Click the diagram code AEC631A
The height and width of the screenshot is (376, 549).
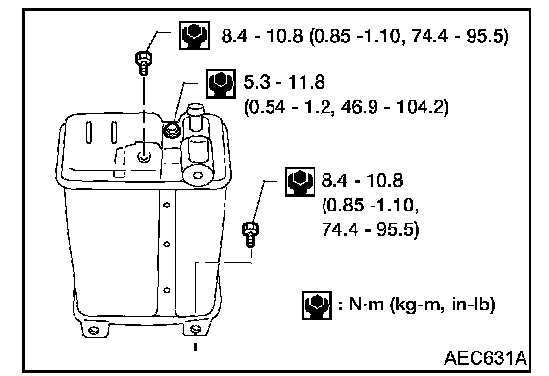click(485, 358)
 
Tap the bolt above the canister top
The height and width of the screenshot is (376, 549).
click(143, 63)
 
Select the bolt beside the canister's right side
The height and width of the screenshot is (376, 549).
click(250, 234)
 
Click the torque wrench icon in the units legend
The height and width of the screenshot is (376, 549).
click(317, 305)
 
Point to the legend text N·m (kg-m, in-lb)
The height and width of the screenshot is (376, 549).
click(417, 305)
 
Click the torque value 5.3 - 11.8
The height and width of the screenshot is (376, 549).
click(284, 82)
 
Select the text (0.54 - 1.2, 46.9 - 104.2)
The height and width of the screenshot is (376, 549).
click(346, 107)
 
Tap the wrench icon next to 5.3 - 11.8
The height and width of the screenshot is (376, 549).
click(221, 83)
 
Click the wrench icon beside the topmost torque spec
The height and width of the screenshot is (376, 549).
click(195, 35)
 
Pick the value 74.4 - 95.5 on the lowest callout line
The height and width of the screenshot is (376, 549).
click(371, 229)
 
